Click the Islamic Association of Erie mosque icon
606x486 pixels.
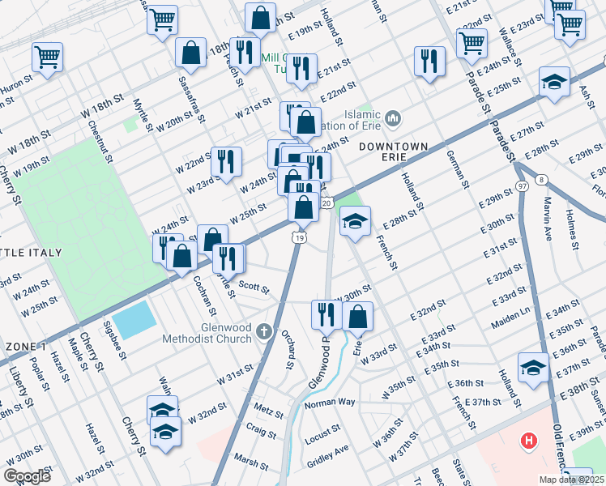click(394, 120)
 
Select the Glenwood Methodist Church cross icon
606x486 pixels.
click(264, 330)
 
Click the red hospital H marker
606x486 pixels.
click(529, 441)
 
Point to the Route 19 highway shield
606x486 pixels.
click(299, 237)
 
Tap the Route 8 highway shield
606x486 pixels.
click(539, 180)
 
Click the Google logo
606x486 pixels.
click(27, 476)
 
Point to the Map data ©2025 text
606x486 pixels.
click(570, 479)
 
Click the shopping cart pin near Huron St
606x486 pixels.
click(48, 58)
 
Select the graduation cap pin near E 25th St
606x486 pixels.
click(554, 83)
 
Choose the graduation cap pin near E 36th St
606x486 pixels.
click(533, 367)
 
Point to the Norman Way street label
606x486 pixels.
click(330, 403)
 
